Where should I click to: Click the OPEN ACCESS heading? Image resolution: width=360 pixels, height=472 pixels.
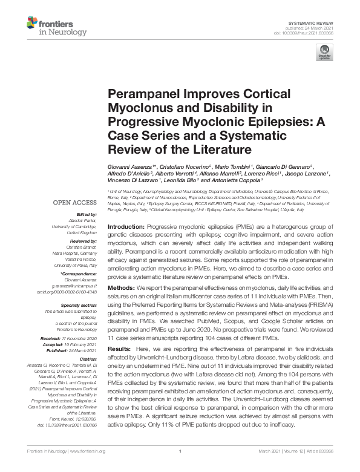(76, 202)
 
